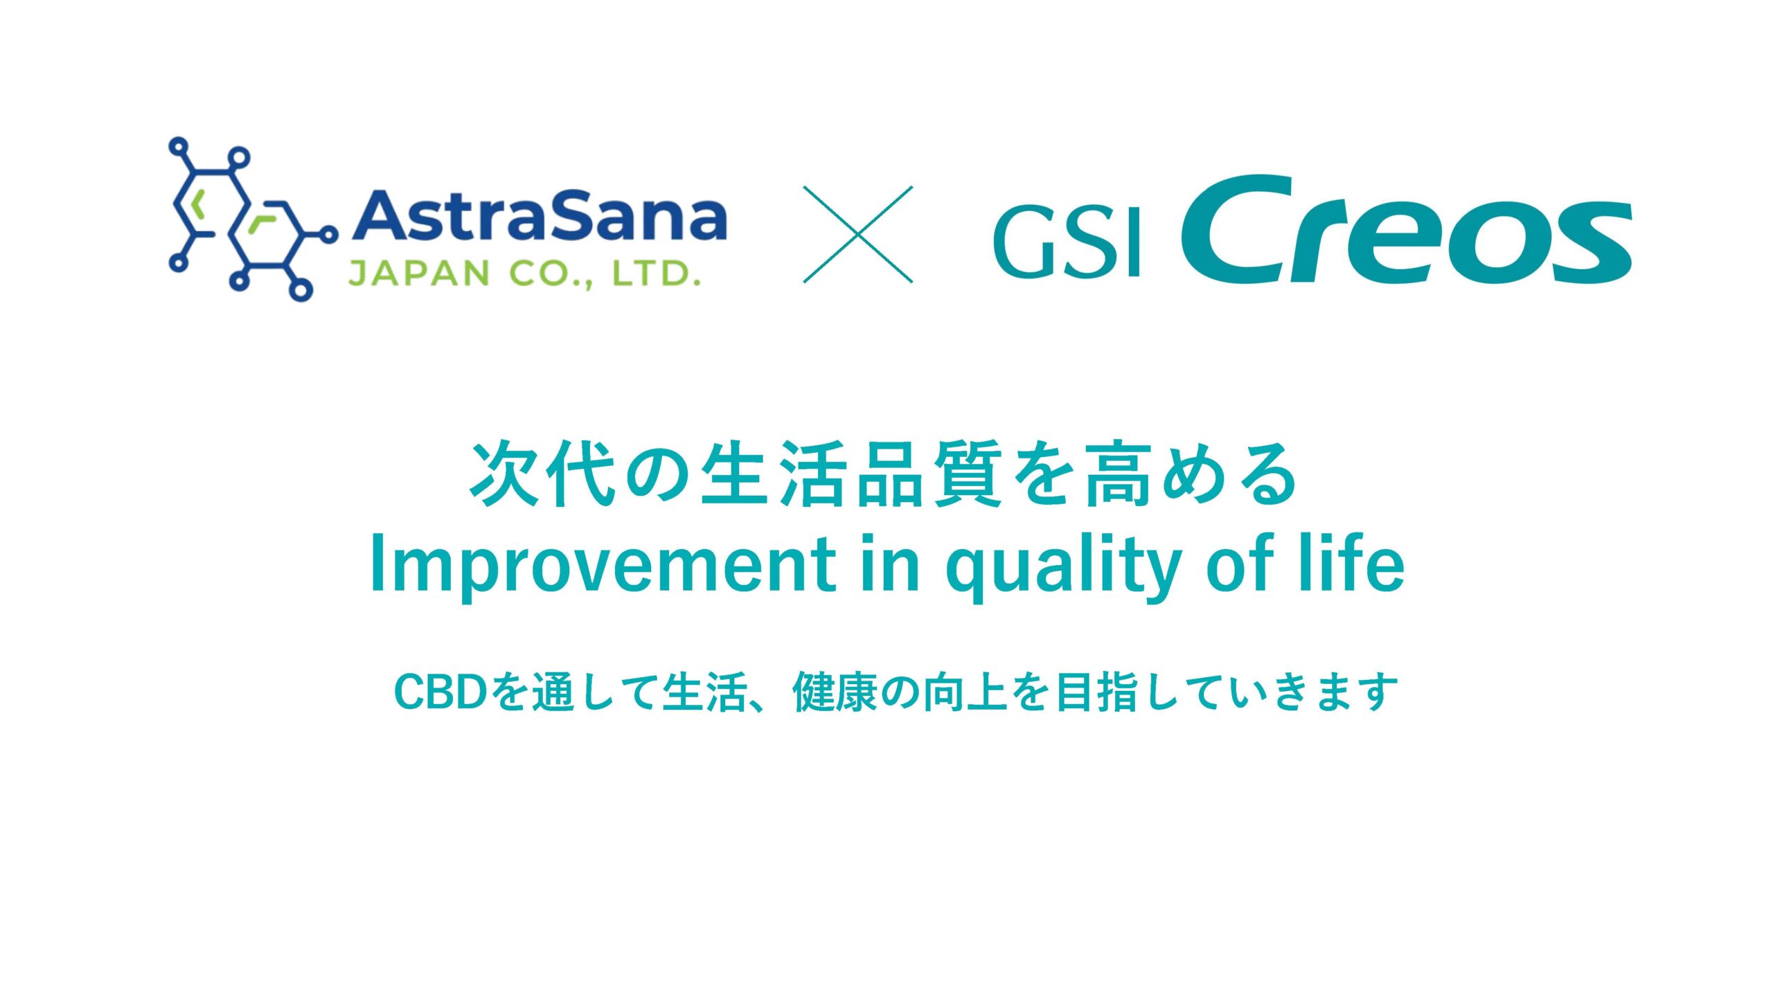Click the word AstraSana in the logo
click(540, 216)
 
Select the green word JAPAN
click(419, 273)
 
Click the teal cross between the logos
click(858, 234)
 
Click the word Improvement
click(603, 565)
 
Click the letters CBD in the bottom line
click(440, 692)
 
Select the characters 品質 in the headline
click(929, 474)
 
